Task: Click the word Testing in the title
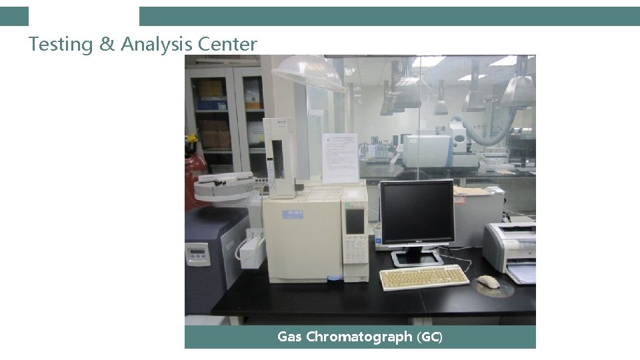(61, 45)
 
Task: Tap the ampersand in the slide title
(107, 45)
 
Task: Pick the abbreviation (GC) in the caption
(429, 337)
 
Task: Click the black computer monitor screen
(417, 212)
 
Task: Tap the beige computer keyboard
(424, 277)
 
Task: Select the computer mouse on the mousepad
(488, 281)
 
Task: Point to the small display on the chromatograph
(355, 221)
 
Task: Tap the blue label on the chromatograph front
(291, 213)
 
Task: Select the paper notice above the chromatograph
(340, 157)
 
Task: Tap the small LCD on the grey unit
(197, 253)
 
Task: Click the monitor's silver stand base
(416, 257)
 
